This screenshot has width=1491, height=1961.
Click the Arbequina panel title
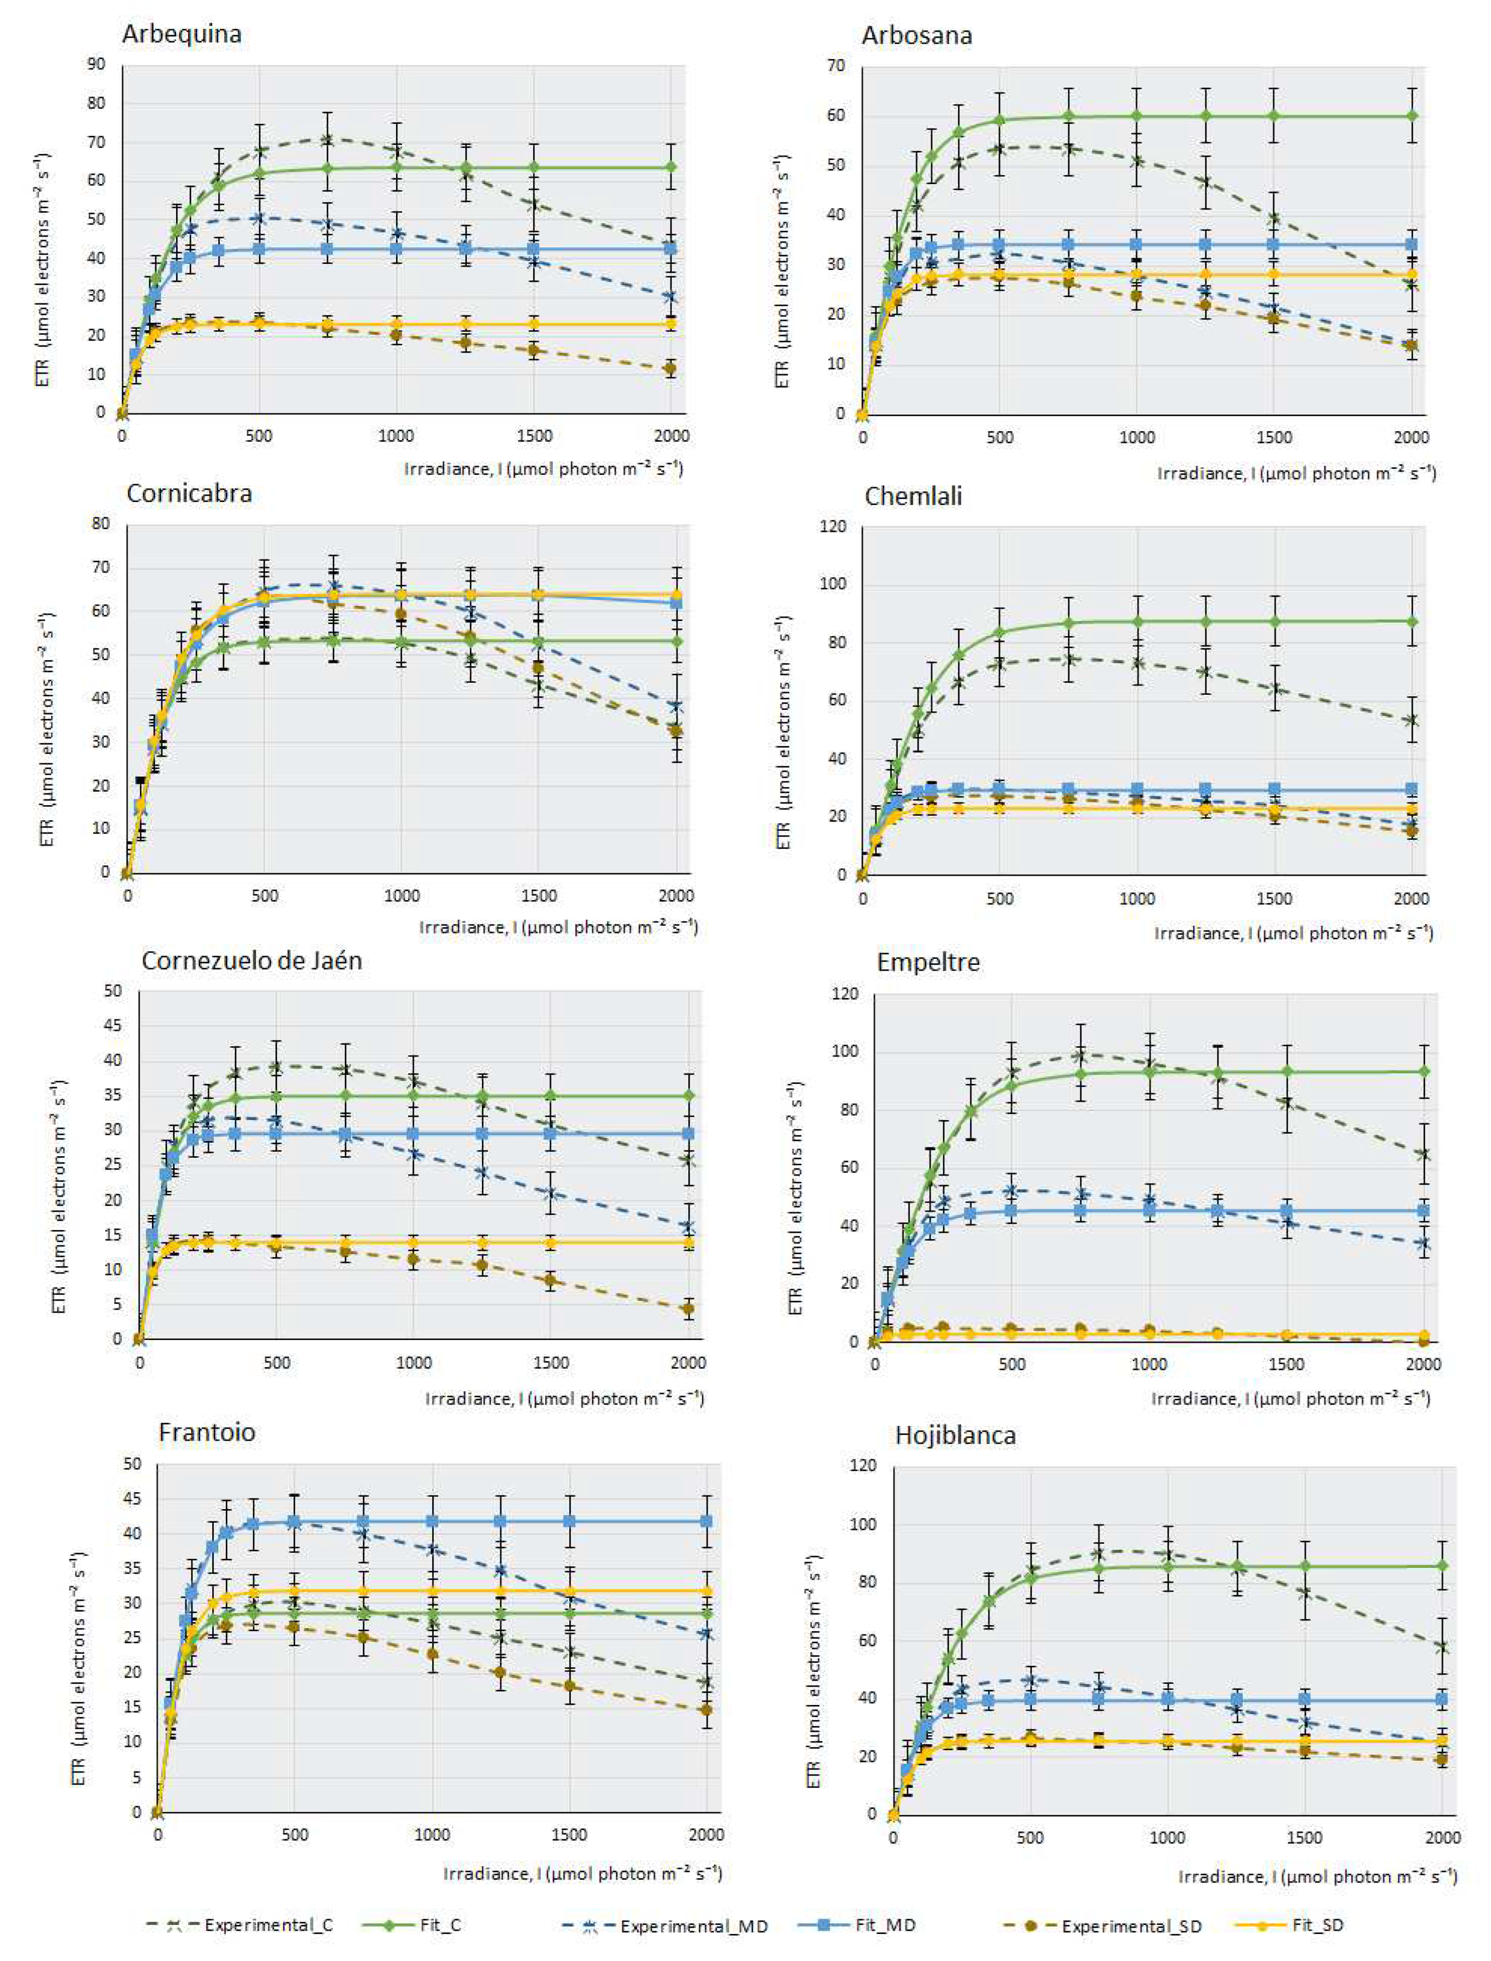(182, 34)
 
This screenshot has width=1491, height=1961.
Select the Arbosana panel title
(917, 35)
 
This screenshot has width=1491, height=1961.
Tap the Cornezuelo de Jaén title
(252, 961)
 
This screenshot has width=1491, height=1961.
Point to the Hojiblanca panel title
(955, 1435)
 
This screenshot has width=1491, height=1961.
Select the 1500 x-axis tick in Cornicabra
(539, 895)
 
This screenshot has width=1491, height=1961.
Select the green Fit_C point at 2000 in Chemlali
(1412, 621)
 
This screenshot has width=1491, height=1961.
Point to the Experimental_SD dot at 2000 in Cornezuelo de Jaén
(688, 1308)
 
